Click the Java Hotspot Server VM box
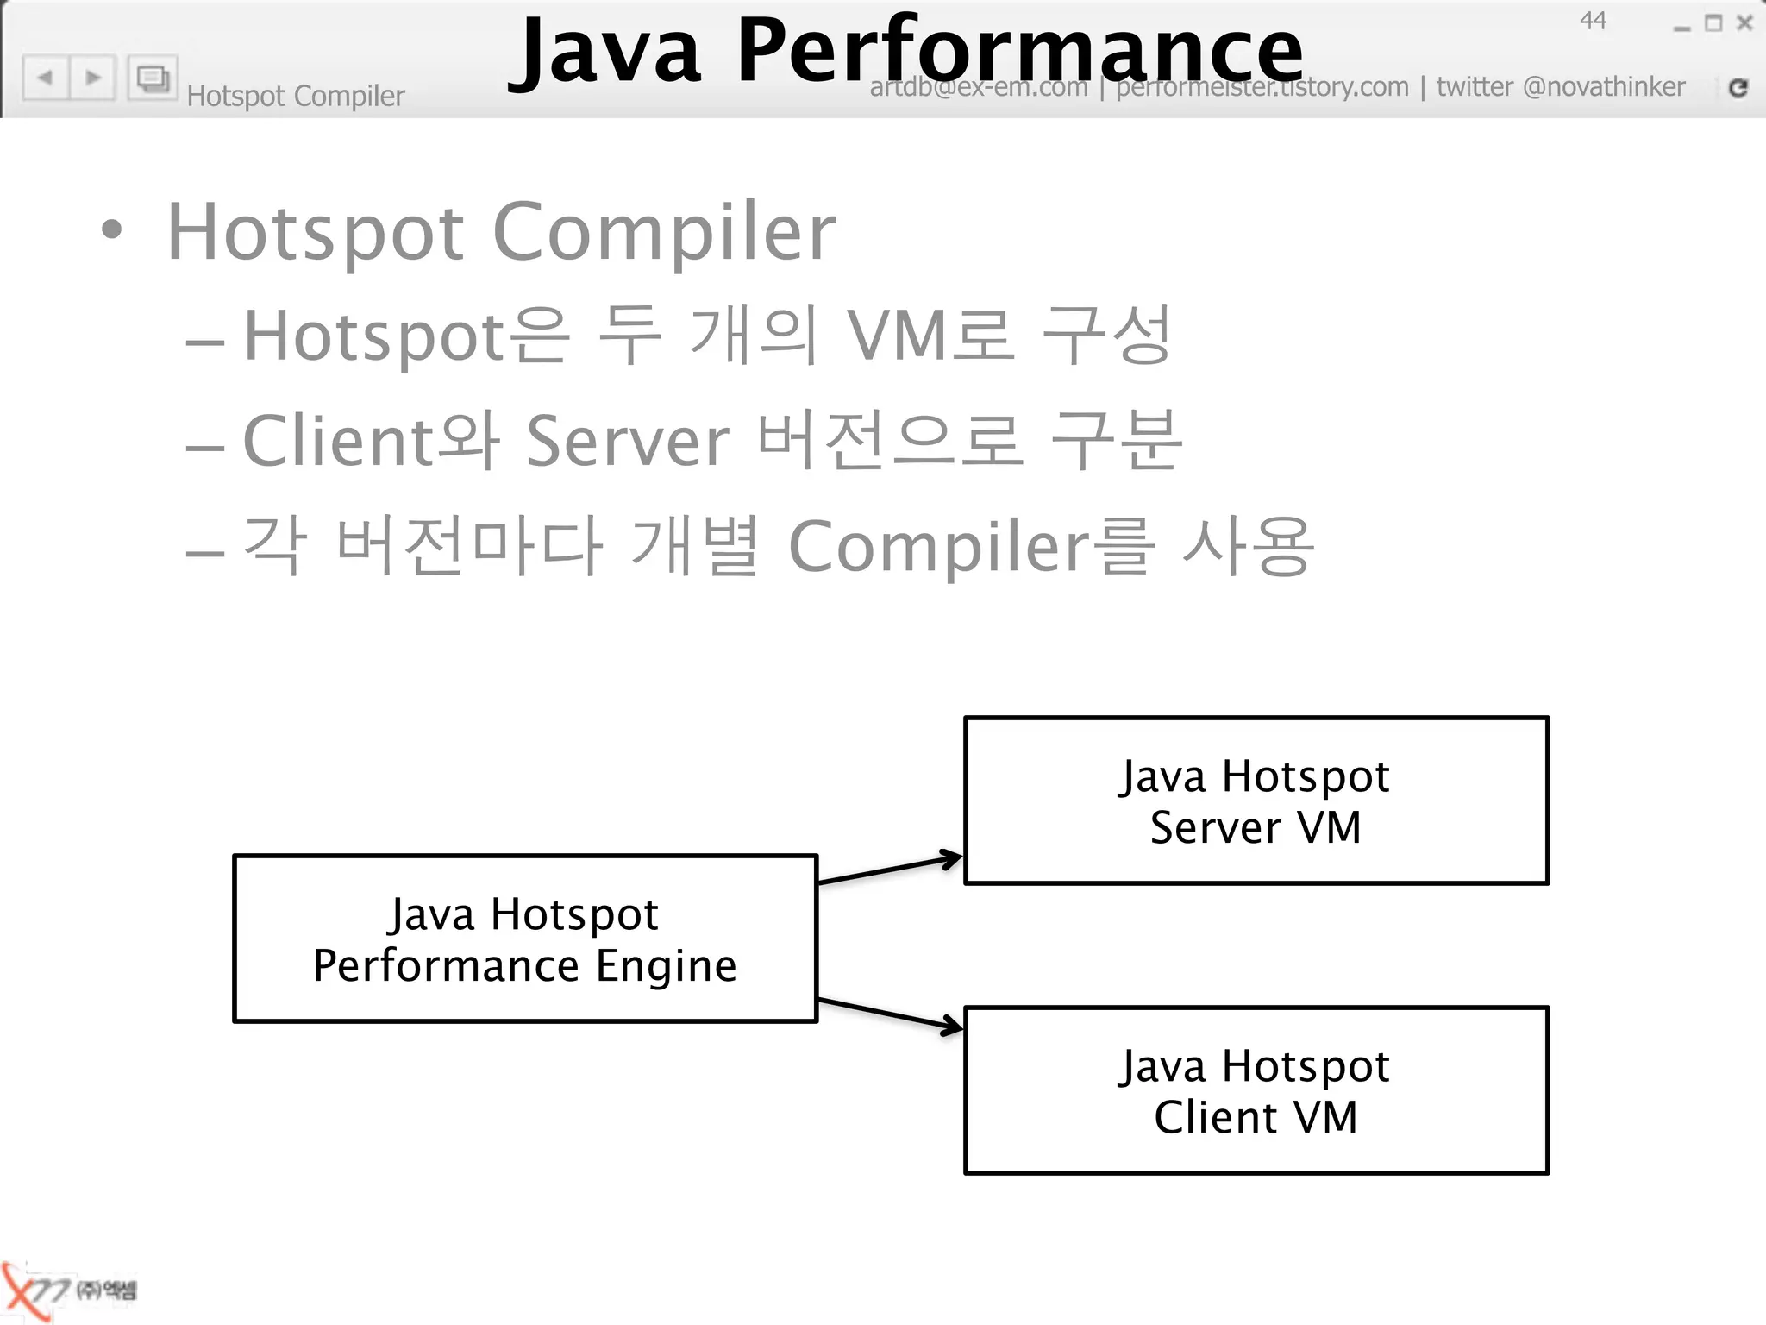1256,801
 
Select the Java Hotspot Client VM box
1256,1090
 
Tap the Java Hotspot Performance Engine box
524,939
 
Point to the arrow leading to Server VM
890,870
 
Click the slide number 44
1593,21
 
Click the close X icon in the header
1744,23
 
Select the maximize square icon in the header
1713,23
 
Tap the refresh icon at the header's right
1738,87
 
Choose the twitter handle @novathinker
1604,87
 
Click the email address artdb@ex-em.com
979,88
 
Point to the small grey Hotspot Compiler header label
296,96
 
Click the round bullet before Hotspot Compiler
111,230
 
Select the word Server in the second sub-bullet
628,441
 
